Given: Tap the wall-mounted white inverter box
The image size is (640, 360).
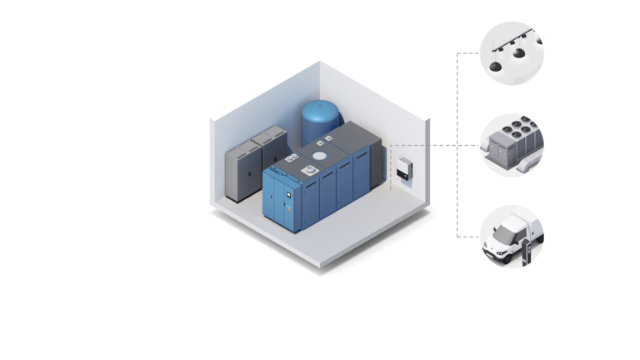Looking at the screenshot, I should (403, 172).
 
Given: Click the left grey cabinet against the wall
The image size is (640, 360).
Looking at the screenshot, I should (242, 173).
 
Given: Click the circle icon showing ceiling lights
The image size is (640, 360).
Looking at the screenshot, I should (511, 52).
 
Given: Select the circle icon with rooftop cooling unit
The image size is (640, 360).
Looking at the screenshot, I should (511, 145).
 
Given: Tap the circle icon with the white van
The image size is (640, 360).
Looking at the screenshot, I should (511, 236).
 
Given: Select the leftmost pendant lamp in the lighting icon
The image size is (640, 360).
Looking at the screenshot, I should (495, 66).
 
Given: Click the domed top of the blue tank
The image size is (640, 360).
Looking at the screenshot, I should (316, 107).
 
